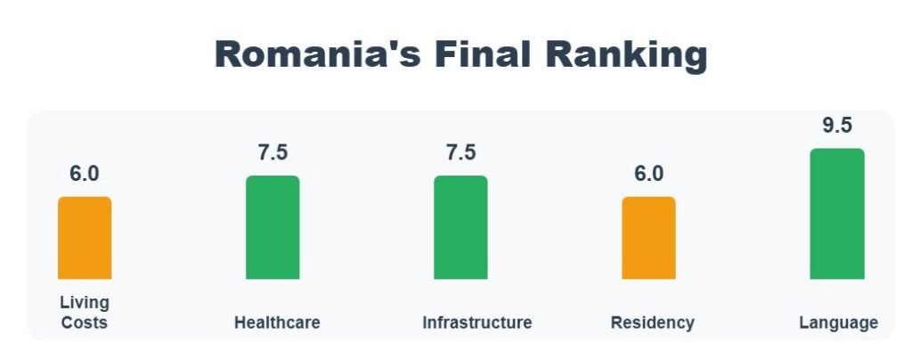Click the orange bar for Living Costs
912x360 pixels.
pos(85,238)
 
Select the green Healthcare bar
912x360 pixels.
pos(273,227)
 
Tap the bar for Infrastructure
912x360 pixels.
pos(460,227)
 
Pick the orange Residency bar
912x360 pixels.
pos(648,238)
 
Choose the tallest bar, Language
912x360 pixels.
pos(836,214)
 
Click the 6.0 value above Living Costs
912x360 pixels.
pos(85,174)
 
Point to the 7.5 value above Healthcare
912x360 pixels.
pos(273,152)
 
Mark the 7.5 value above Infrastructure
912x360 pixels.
pos(460,152)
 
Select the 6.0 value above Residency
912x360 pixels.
pos(648,174)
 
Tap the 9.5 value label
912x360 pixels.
pos(836,126)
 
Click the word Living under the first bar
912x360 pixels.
pos(85,302)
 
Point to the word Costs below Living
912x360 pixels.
pos(85,323)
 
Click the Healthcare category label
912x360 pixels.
pos(277,323)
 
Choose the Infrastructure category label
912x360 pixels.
pos(477,323)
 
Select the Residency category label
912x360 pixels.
pos(652,323)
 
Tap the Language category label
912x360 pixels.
pos(838,323)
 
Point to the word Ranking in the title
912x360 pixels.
pos(627,55)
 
